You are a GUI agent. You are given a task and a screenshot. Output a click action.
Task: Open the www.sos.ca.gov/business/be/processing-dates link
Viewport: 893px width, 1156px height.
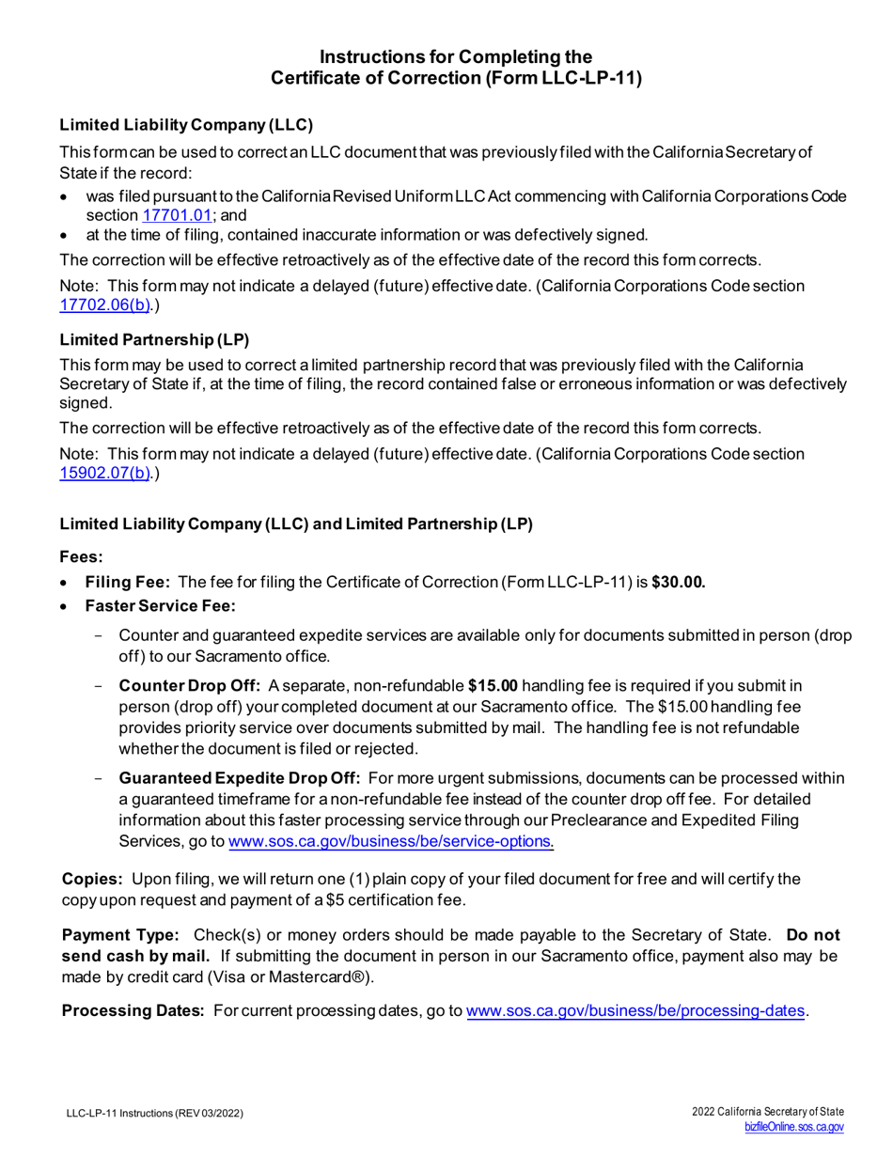coord(636,1011)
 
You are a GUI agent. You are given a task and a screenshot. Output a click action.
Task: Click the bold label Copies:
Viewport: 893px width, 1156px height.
coord(92,879)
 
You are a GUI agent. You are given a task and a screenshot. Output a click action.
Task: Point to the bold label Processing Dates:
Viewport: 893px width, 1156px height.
coord(133,1011)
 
